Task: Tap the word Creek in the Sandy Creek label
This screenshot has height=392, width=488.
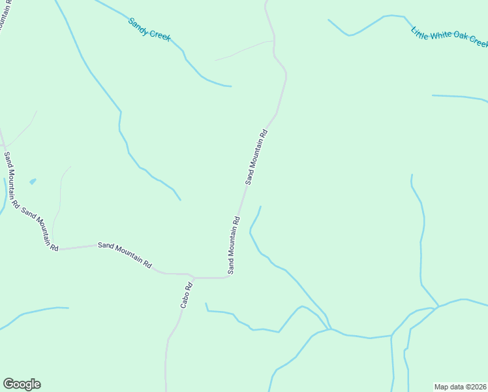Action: [160, 34]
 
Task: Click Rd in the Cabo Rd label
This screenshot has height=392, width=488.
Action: [190, 286]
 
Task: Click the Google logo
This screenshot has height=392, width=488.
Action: [22, 384]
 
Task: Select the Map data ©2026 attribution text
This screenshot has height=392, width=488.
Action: [460, 387]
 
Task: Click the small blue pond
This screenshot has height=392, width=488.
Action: [33, 181]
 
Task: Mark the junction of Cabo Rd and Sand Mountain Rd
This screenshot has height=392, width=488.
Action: [194, 278]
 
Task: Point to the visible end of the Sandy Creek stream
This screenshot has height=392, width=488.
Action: [230, 86]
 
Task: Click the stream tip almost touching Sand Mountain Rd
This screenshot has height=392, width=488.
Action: [260, 207]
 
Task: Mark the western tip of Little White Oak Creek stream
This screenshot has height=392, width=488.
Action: [328, 20]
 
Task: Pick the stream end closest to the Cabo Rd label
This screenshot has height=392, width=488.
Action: [206, 304]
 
